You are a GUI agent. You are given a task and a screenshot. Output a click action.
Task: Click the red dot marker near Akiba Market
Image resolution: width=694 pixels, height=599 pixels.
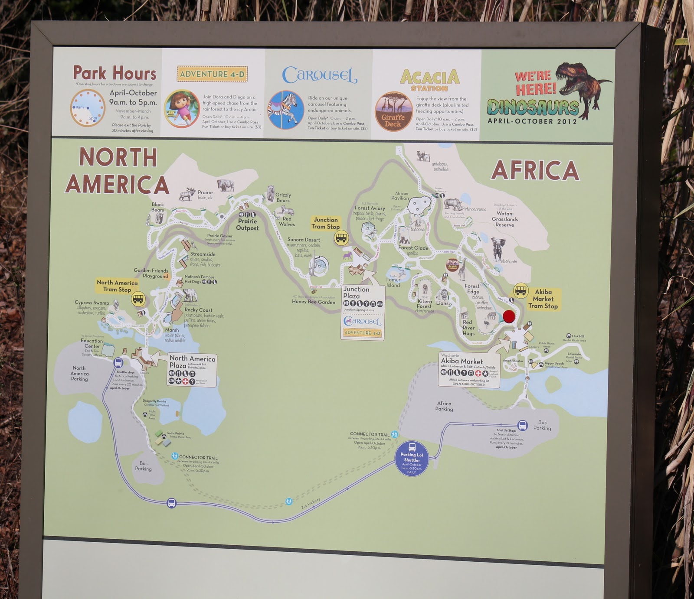[x=508, y=316]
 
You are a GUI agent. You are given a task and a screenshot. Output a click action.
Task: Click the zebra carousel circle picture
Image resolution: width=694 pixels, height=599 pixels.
[x=285, y=110]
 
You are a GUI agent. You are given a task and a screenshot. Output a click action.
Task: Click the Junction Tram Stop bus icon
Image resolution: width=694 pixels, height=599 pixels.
[x=341, y=237]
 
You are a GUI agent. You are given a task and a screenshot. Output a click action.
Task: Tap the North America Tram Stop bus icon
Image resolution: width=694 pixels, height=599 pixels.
[x=138, y=299]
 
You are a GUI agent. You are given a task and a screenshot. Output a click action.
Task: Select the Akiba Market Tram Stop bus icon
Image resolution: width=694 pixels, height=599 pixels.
[x=520, y=290]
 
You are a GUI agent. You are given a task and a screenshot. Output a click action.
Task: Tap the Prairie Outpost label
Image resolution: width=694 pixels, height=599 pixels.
[x=247, y=225]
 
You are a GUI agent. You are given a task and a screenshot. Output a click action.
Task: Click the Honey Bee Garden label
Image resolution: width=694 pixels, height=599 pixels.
[x=314, y=302]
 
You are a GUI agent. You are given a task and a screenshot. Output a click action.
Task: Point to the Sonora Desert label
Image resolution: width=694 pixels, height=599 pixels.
[x=304, y=240]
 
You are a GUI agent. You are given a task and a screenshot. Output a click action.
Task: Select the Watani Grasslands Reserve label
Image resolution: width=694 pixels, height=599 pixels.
[x=505, y=219]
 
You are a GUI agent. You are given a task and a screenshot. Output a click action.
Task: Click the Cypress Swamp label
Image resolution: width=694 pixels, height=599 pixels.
[x=92, y=303]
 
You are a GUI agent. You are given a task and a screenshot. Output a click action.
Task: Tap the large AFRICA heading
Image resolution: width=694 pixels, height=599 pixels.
[x=535, y=170]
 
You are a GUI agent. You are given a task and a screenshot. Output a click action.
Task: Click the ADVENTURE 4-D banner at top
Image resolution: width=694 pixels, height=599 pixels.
[x=212, y=74]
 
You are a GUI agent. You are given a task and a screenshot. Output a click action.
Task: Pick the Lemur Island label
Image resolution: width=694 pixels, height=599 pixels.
[x=393, y=282]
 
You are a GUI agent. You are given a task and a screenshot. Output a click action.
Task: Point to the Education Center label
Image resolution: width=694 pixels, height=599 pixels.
[x=92, y=343]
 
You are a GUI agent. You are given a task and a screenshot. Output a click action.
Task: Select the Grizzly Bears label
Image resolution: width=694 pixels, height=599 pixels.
[x=283, y=198]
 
